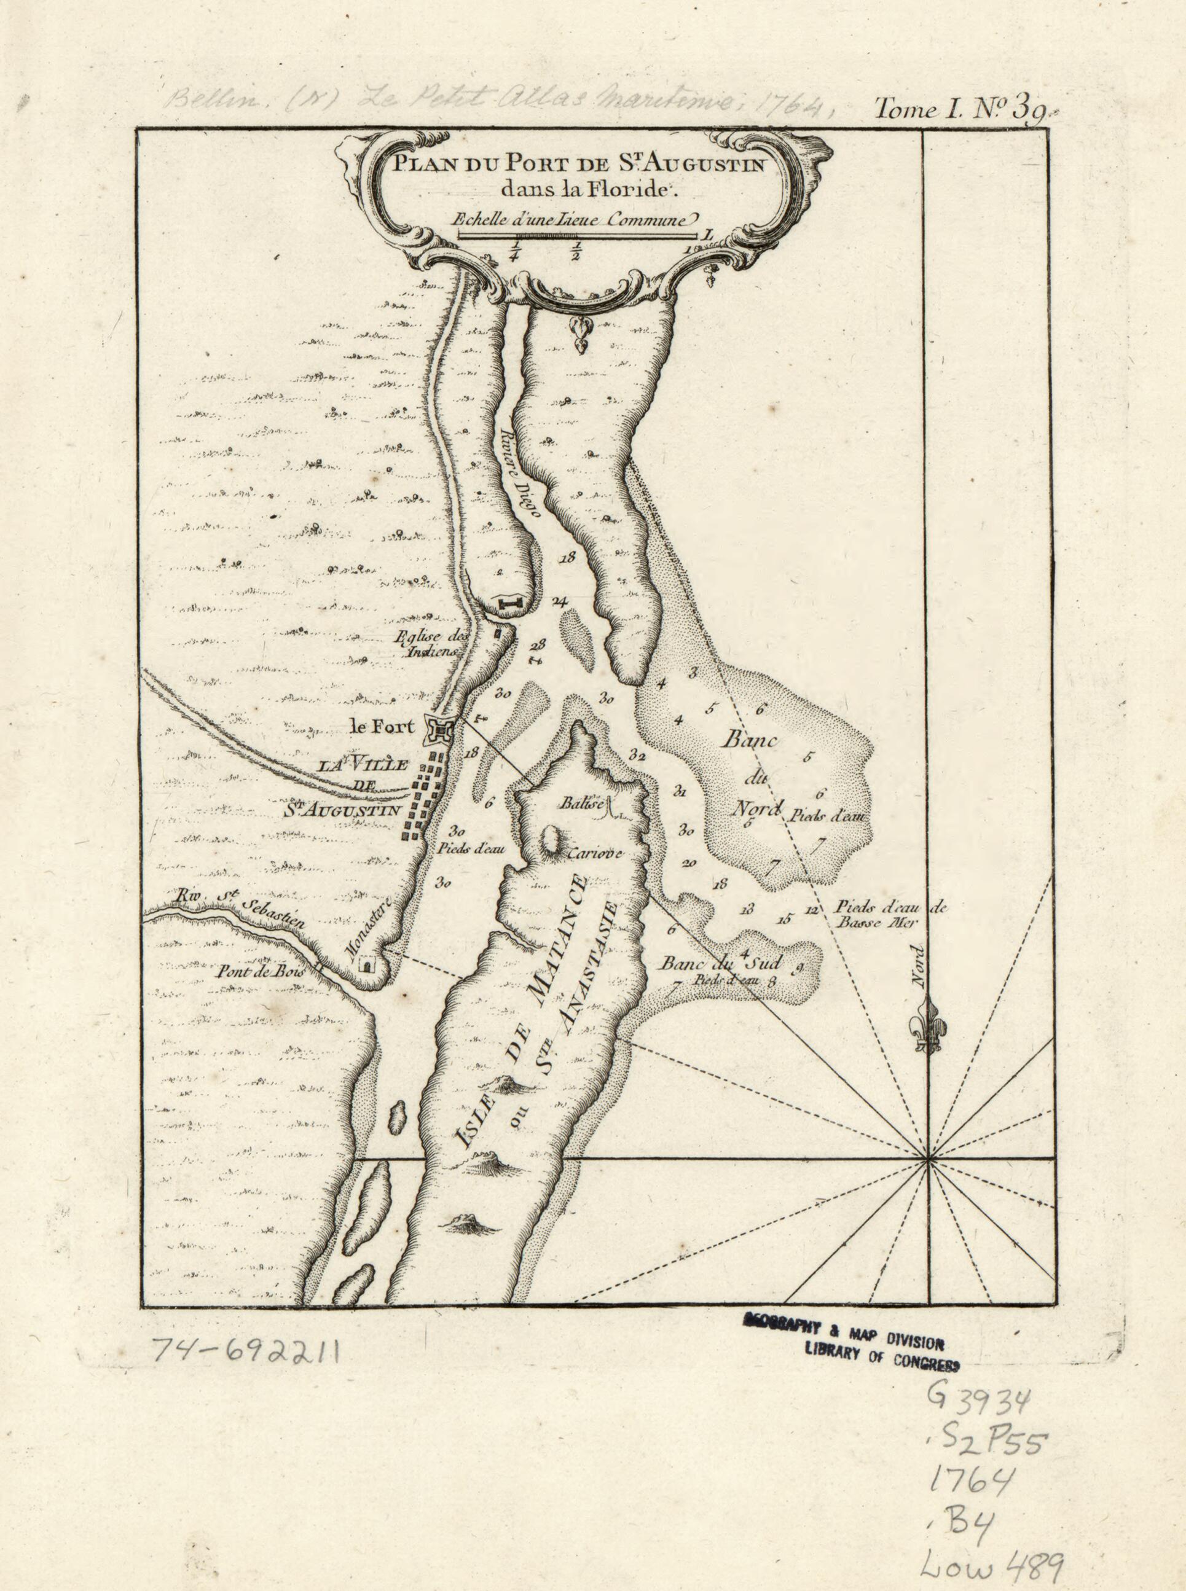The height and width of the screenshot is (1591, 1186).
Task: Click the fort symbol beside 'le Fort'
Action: click(439, 730)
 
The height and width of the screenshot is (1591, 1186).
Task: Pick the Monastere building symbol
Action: click(369, 965)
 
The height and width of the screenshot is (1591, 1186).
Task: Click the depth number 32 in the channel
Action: click(637, 756)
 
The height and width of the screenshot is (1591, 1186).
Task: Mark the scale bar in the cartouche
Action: click(577, 235)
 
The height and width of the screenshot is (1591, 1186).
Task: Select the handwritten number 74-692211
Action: click(246, 1353)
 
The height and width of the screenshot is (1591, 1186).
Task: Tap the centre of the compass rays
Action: click(929, 1159)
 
